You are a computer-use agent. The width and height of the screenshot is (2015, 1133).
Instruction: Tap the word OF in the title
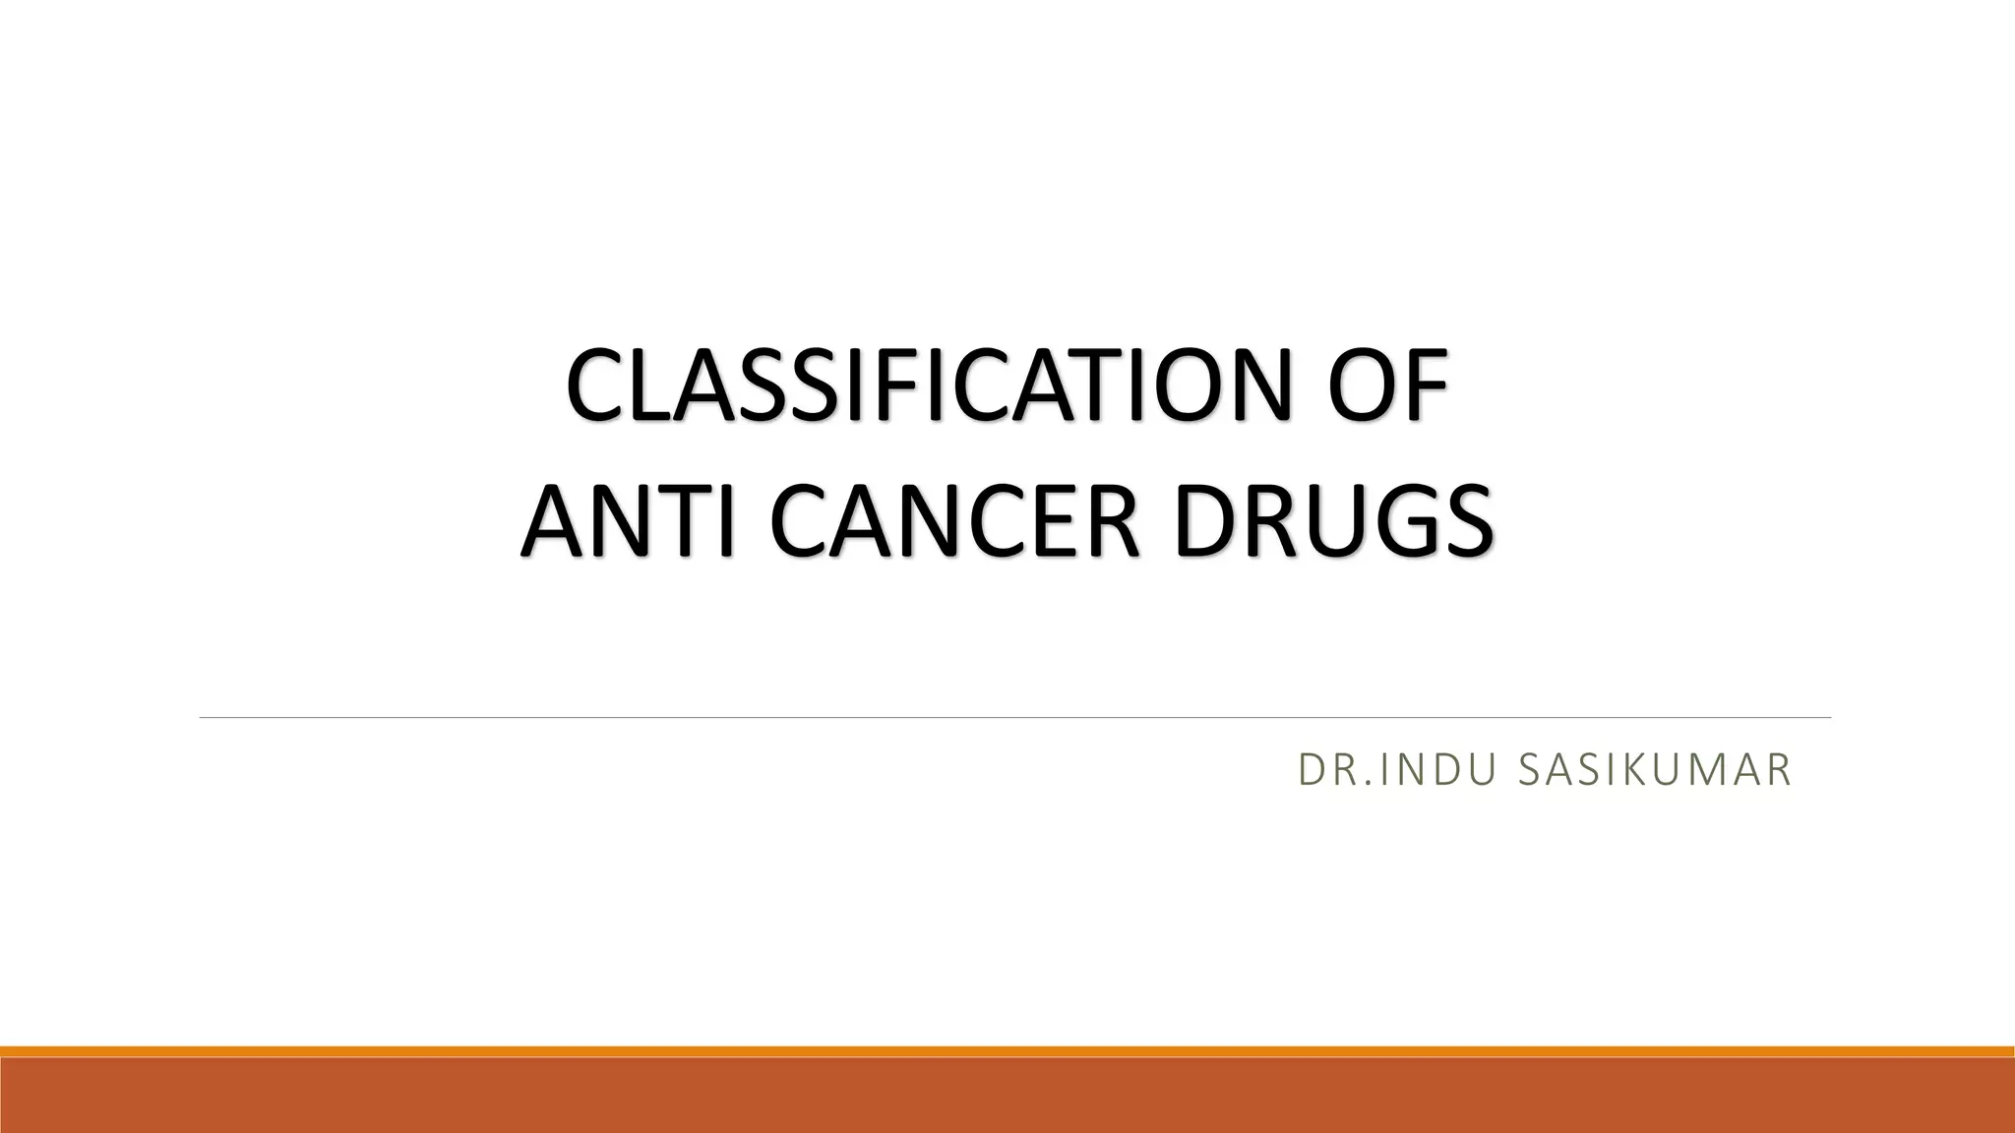coord(1388,387)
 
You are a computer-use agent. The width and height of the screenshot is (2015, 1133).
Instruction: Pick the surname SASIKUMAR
coord(1654,770)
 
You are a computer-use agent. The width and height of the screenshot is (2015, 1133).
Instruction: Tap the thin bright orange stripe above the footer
coord(1007,1051)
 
